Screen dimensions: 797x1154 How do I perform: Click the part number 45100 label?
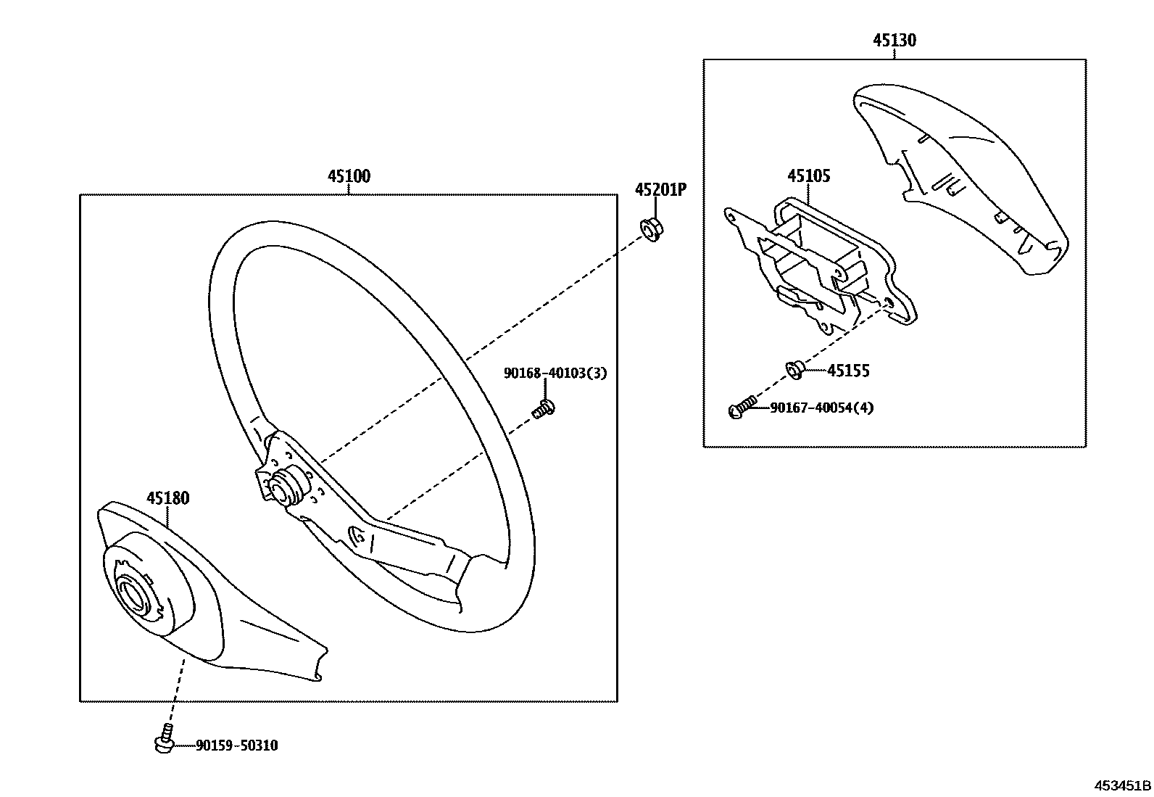point(349,176)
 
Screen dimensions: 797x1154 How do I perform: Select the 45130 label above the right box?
point(894,40)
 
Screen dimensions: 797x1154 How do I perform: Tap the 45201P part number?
point(660,190)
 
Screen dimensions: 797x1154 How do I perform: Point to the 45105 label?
point(809,176)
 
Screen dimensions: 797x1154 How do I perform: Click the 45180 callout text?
point(167,498)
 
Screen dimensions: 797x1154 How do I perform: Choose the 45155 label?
point(848,371)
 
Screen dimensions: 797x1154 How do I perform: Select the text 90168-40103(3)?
point(555,373)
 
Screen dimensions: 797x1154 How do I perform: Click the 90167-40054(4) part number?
point(821,408)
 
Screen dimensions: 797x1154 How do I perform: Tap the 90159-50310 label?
point(236,746)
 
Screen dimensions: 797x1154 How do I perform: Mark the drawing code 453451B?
point(1122,785)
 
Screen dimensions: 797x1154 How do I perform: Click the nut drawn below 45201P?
point(649,228)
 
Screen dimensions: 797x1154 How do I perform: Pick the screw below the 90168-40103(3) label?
point(543,409)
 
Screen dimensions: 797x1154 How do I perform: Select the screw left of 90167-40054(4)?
point(742,408)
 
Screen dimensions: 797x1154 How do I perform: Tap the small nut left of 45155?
point(794,370)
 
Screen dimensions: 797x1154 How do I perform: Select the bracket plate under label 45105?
point(819,268)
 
